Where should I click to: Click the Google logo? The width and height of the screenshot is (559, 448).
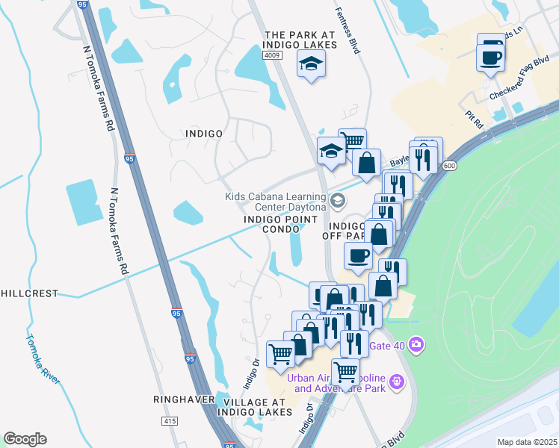pos(25,439)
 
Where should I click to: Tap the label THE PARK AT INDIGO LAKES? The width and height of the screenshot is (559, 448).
pos(296,40)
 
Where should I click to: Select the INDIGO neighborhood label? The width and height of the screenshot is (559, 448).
pos(203,133)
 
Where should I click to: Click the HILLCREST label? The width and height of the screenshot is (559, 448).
pos(29,293)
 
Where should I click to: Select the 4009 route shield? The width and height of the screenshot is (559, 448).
pos(271,56)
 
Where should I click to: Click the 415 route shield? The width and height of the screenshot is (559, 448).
pos(169,422)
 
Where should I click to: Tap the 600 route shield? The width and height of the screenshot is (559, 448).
pos(448,166)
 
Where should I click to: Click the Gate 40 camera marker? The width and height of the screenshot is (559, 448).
pos(416,345)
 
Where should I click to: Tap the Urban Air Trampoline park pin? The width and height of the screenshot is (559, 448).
pos(396,382)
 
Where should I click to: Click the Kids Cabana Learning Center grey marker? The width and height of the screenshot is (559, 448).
pos(339,199)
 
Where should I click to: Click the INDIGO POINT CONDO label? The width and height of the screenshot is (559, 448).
pos(271,225)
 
